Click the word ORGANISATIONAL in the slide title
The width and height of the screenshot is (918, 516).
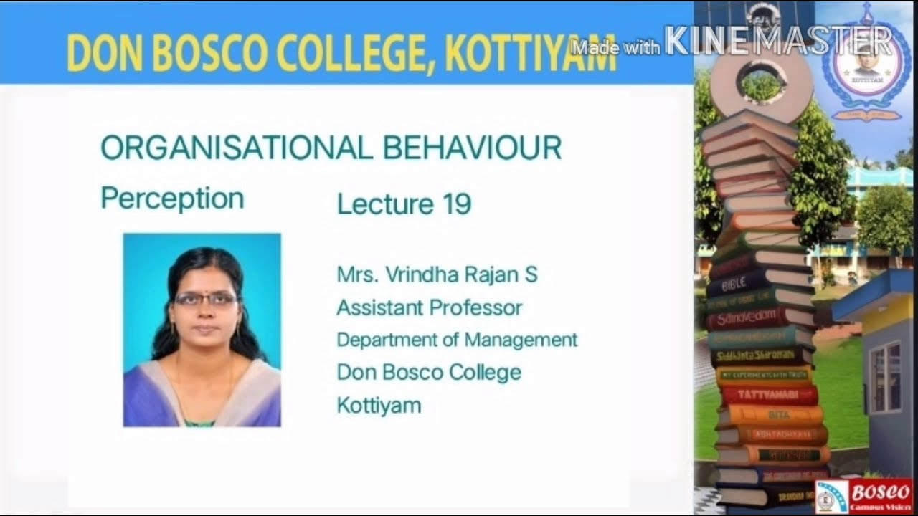[x=236, y=148]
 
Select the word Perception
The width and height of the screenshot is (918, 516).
[x=172, y=199]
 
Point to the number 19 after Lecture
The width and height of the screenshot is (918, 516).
[x=457, y=204]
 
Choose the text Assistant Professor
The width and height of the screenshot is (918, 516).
[x=429, y=308]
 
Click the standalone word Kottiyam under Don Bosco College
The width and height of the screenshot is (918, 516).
[x=379, y=406]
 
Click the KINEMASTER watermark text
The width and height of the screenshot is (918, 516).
[x=778, y=41]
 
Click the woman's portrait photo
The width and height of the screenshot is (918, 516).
[x=202, y=330]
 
